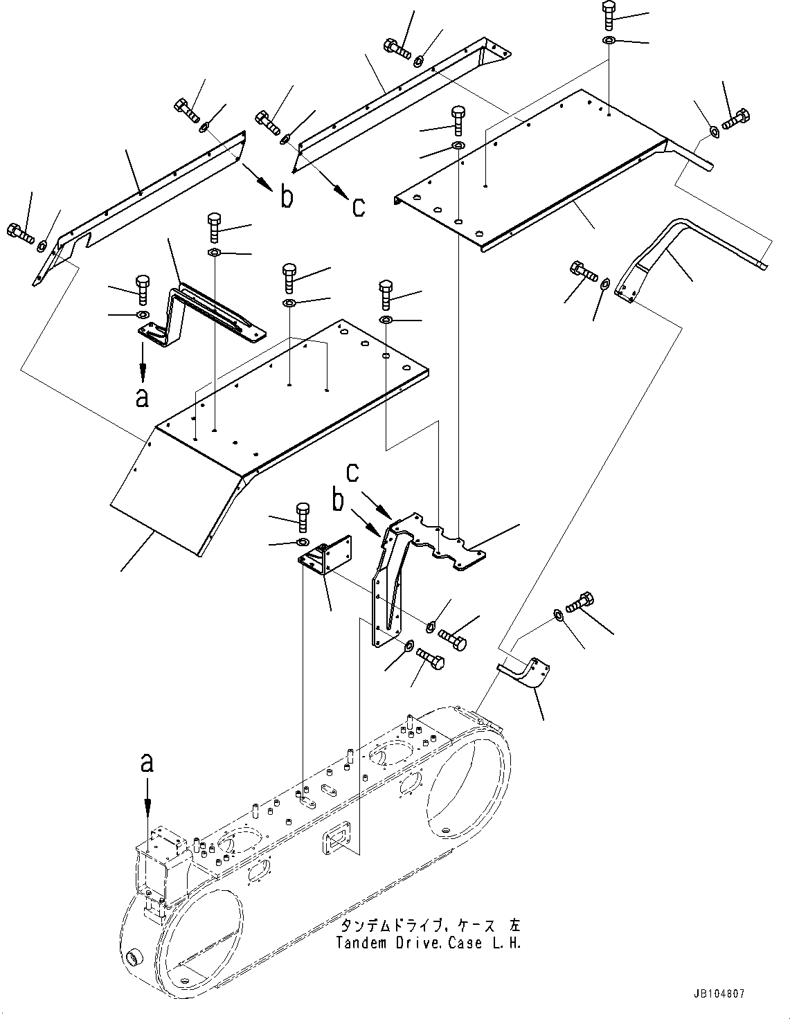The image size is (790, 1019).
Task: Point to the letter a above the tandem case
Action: point(147,763)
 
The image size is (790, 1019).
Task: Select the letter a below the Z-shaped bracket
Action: point(142,398)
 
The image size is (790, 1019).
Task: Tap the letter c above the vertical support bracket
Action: point(353,472)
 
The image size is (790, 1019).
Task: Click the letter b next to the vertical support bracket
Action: point(339,500)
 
